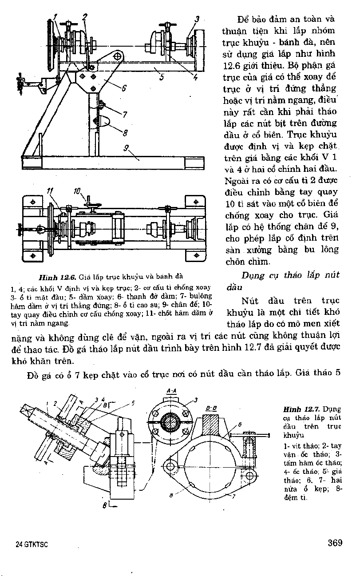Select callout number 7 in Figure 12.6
[x=125, y=115]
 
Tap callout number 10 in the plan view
[x=77, y=192]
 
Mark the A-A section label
[x=170, y=391]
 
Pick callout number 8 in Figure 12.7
[x=171, y=494]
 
